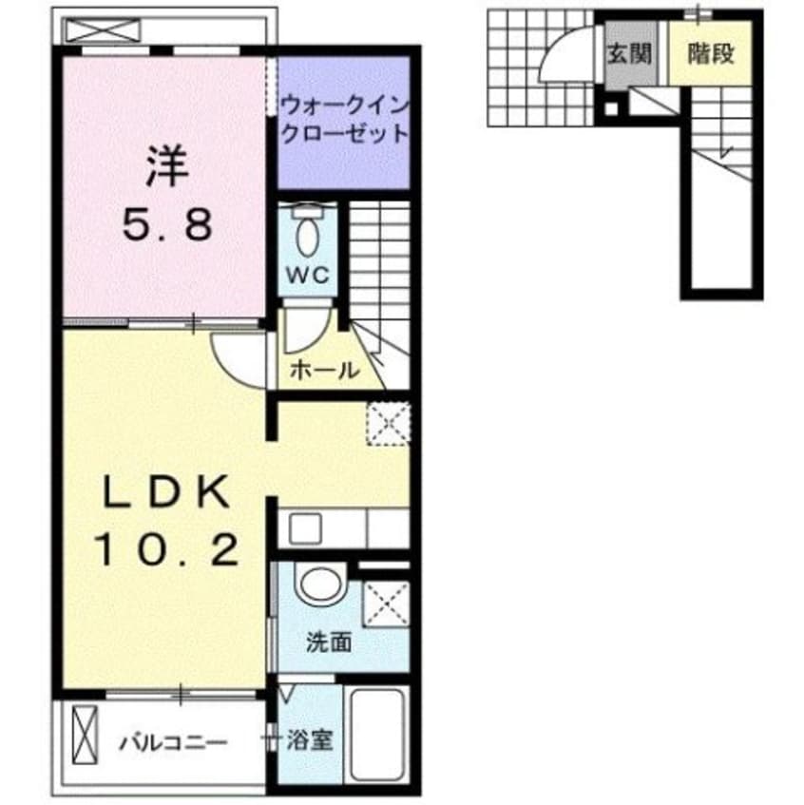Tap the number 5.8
click(x=166, y=226)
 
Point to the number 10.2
click(x=166, y=548)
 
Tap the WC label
click(x=310, y=275)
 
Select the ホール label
click(x=324, y=371)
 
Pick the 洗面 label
click(x=328, y=642)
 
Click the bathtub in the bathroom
click(x=377, y=731)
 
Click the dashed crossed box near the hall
click(x=388, y=421)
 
